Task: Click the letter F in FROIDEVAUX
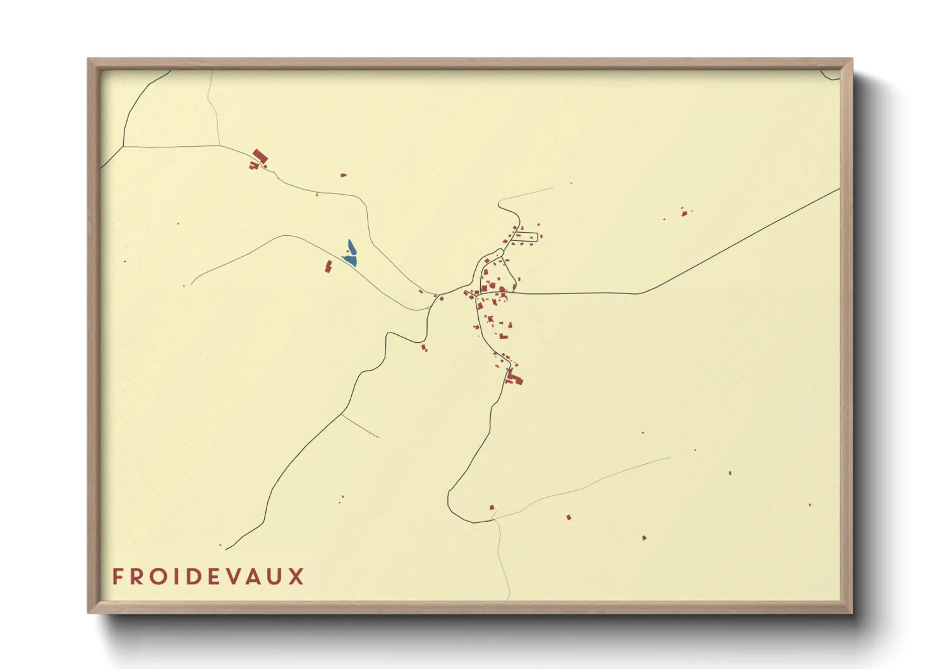coord(118,577)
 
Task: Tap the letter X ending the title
coord(296,577)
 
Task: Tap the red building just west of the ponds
coord(329,266)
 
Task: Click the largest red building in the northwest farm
coord(260,156)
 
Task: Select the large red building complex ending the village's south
coord(514,379)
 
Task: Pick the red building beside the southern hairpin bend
coord(492,507)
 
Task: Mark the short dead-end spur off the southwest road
coord(360,426)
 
